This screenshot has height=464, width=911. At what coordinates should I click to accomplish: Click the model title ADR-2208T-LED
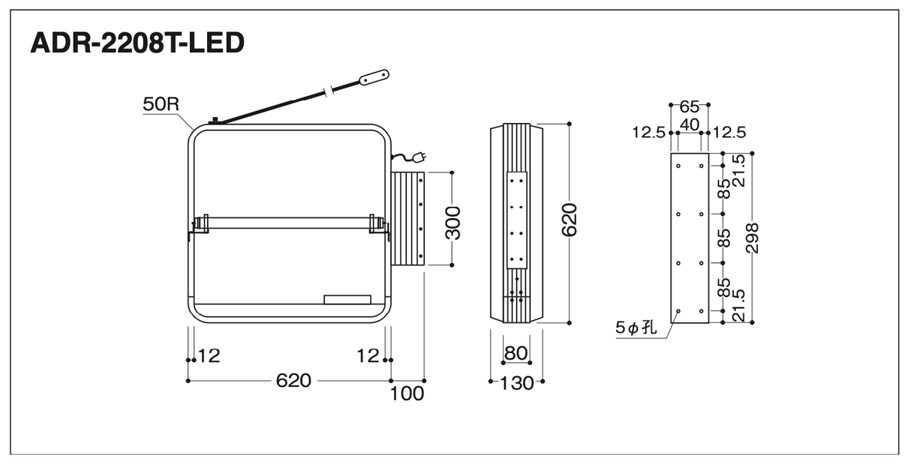[x=137, y=43]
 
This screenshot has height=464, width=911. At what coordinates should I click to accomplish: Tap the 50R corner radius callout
[x=161, y=104]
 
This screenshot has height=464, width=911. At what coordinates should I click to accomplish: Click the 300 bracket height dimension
[x=453, y=223]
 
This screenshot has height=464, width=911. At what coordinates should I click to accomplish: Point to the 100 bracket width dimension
[x=407, y=394]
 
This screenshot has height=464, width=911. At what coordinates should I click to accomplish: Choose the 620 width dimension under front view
[x=293, y=381]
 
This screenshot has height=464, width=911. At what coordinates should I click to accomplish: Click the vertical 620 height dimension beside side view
[x=570, y=220]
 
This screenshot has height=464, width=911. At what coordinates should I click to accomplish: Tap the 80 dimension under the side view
[x=516, y=352]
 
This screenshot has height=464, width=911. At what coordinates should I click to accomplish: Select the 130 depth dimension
[x=516, y=383]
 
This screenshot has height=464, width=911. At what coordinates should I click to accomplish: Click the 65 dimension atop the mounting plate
[x=690, y=107]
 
